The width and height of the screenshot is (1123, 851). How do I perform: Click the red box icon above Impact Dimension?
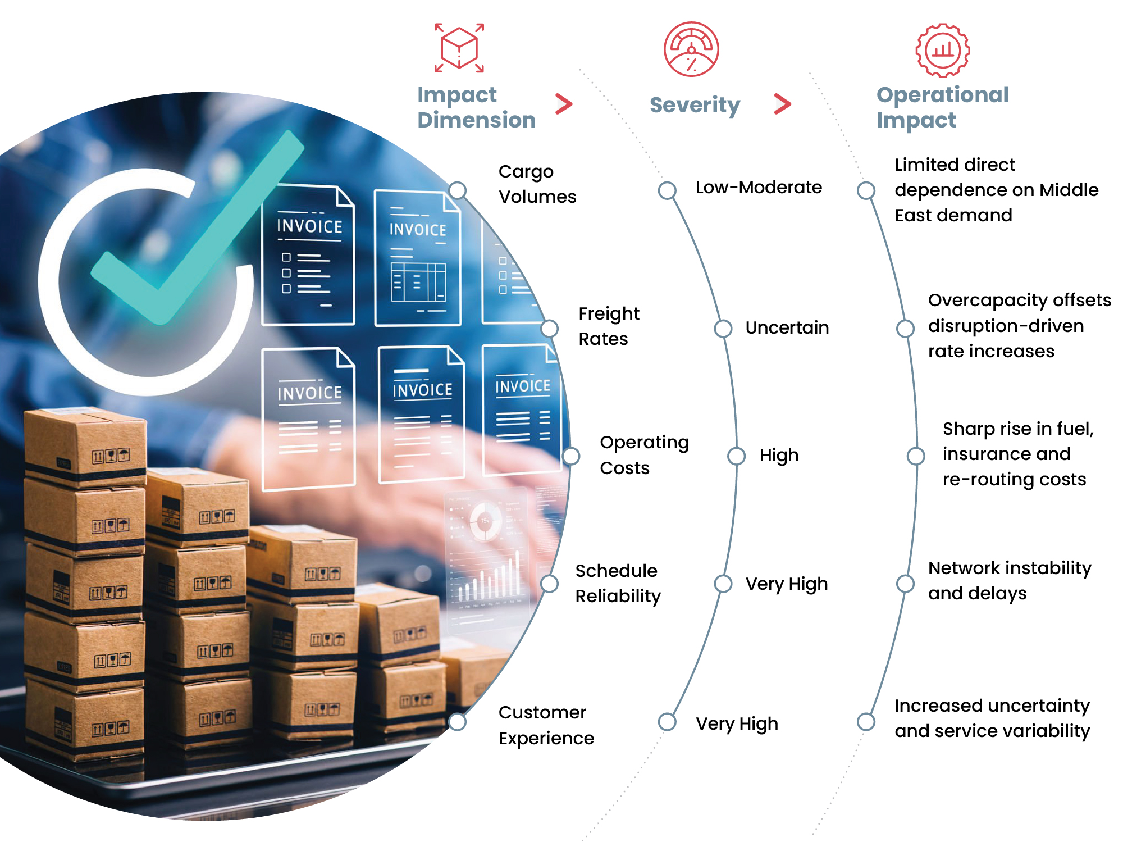459,48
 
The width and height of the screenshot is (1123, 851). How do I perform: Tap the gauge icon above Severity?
691,49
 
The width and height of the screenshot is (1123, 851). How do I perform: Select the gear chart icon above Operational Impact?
943,50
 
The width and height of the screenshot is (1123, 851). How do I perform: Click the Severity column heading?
695,105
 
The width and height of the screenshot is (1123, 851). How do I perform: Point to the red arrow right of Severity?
783,104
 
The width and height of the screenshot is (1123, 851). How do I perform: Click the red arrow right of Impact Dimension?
564,104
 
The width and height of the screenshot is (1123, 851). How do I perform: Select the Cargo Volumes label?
537,184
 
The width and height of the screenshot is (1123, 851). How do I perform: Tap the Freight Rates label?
609,326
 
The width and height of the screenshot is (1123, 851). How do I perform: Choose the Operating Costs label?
644,455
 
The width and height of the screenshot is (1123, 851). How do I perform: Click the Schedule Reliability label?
618,583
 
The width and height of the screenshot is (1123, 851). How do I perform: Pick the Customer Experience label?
546,725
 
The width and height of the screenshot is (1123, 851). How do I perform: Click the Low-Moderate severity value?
759,187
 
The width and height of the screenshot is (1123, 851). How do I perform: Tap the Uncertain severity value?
787,327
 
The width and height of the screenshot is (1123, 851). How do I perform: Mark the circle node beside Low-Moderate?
667,190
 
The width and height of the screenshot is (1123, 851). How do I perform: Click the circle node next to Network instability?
905,584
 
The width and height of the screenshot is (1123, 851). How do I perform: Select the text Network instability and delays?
1010,580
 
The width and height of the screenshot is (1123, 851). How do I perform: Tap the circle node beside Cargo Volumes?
458,190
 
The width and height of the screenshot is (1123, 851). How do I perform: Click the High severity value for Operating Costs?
779,456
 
